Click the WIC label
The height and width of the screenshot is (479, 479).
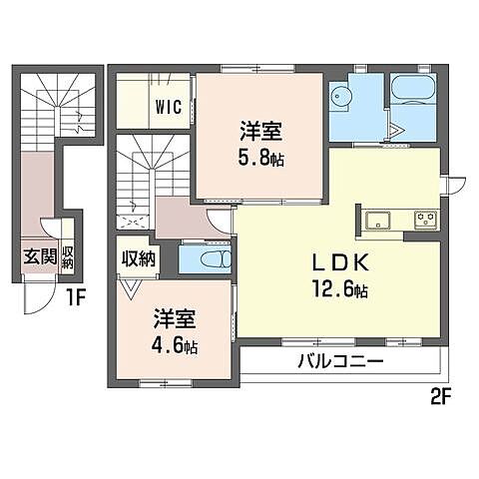point(168,107)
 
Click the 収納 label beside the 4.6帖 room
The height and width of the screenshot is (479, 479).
point(139,259)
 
